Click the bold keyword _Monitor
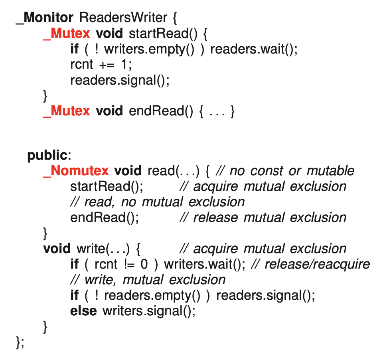click(45, 18)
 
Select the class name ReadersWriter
click(123, 18)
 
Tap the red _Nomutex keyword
click(75, 170)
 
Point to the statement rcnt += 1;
click(101, 64)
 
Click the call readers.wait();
click(254, 49)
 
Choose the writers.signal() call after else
click(149, 311)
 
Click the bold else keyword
click(83, 311)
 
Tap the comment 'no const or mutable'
click(284, 171)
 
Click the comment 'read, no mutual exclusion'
click(157, 202)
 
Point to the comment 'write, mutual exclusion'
click(148, 280)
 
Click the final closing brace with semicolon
click(20, 342)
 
